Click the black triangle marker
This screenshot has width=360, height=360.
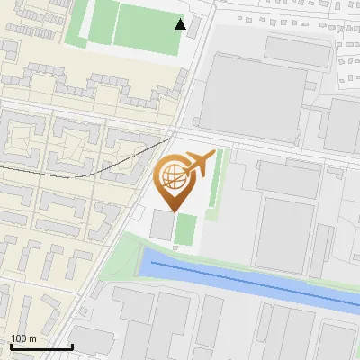[x=181, y=24]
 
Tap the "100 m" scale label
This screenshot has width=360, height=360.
[x=23, y=338]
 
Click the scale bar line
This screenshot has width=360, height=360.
[x=41, y=346]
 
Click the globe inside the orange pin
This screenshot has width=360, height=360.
[x=172, y=176]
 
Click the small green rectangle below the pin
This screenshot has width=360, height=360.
[x=186, y=229]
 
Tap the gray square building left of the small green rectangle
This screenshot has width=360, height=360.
[x=162, y=225]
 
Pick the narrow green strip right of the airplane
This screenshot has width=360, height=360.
[x=216, y=184]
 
